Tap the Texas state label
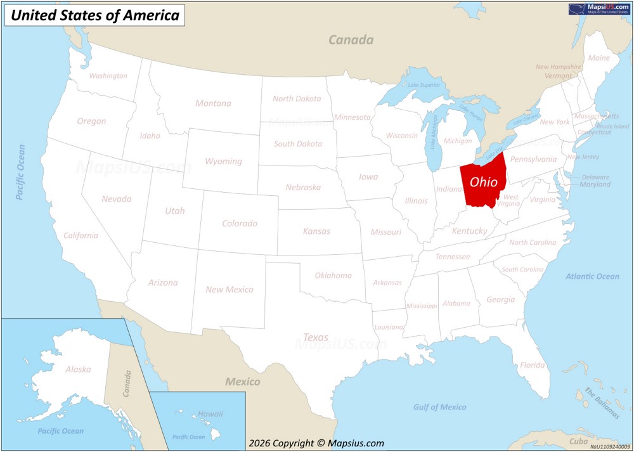(x=316, y=337)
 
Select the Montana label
(x=213, y=103)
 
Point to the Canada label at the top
(x=351, y=40)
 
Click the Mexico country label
(x=243, y=382)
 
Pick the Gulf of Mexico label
(x=439, y=407)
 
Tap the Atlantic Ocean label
(x=592, y=276)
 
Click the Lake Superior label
(x=424, y=85)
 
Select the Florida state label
(x=532, y=365)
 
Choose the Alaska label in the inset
(x=78, y=369)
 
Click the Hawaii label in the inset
(x=210, y=414)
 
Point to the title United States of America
(x=95, y=16)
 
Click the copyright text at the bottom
(x=316, y=444)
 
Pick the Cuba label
(x=578, y=441)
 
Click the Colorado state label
(x=239, y=223)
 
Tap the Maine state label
(x=598, y=58)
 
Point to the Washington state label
(x=108, y=76)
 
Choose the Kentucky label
(x=469, y=231)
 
